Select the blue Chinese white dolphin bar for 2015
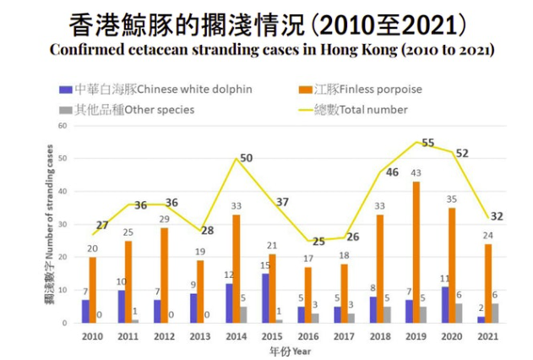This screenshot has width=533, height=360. click(265, 297)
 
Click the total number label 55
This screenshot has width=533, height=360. click(428, 143)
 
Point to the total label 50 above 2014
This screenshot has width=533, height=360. click(247, 159)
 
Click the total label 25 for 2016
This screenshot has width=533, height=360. click(318, 242)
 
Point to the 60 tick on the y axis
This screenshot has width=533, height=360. click(62, 125)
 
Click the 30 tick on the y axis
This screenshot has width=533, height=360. click(62, 224)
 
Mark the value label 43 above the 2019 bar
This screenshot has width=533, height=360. click(416, 173)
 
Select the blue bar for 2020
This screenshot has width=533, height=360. click(444, 304)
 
